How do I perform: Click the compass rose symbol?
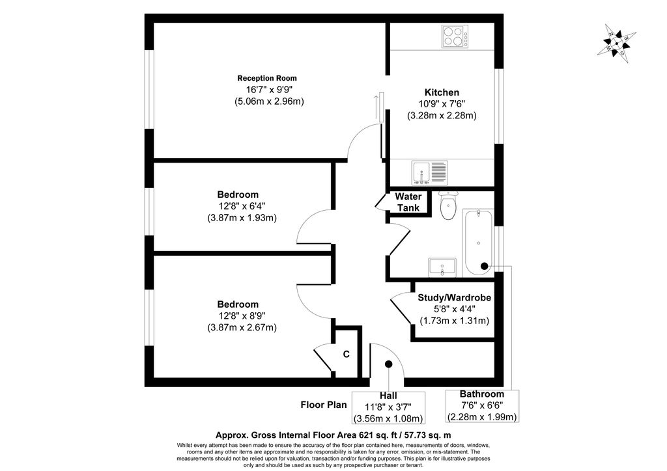[x=617, y=40]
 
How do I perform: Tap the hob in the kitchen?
[x=459, y=36]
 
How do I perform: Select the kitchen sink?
[x=429, y=172]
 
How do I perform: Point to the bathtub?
[x=479, y=240]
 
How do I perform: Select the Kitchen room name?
[x=442, y=92]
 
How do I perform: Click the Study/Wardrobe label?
[x=454, y=297]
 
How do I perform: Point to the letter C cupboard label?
[x=347, y=355]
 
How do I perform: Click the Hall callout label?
[x=388, y=396]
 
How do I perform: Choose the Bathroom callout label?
[x=482, y=394]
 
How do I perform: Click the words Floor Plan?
[x=324, y=405]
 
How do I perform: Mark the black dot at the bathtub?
[x=484, y=266]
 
